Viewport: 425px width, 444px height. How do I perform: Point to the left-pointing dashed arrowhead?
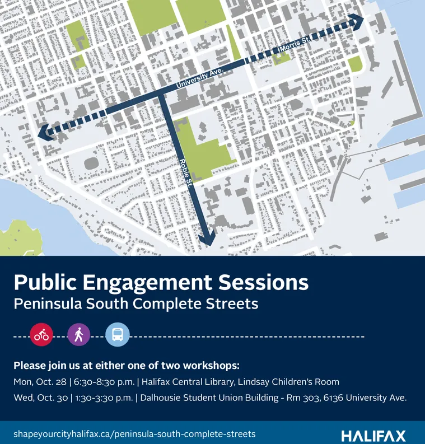pyautogui.click(x=44, y=132)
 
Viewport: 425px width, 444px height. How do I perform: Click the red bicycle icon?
pyautogui.click(x=41, y=335)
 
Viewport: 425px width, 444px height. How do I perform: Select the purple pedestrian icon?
pyautogui.click(x=79, y=335)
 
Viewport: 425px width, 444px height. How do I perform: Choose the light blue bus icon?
pyautogui.click(x=117, y=335)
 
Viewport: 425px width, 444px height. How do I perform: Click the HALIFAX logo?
pyautogui.click(x=373, y=436)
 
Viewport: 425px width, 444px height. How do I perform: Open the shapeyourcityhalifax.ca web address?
pyautogui.click(x=134, y=434)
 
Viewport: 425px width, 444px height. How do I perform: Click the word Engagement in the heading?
pyautogui.click(x=167, y=283)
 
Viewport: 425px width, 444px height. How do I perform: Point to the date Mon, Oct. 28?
pyautogui.click(x=39, y=382)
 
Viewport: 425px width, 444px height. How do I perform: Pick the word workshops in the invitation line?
pyautogui.click(x=210, y=366)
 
